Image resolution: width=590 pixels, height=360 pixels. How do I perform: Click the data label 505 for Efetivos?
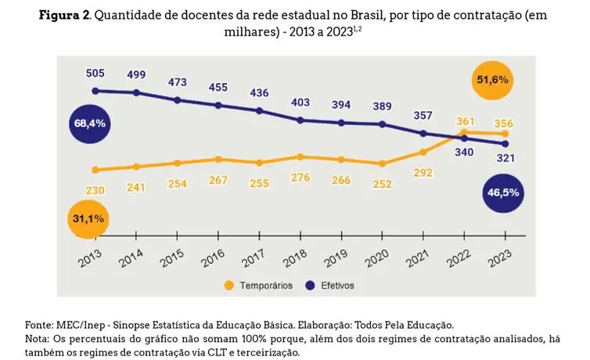coord(95,74)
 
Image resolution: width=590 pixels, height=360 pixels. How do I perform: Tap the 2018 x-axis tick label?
coord(297,256)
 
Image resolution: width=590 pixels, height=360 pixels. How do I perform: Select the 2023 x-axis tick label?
coord(502,256)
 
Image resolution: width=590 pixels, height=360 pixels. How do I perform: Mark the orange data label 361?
coord(466,121)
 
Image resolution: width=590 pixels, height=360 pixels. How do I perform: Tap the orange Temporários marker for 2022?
coord(465,132)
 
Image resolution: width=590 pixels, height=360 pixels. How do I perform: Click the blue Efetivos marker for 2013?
coord(95,91)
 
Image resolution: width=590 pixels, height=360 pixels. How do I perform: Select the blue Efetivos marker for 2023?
coord(505,144)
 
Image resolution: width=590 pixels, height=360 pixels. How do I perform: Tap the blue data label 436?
coord(259,93)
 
